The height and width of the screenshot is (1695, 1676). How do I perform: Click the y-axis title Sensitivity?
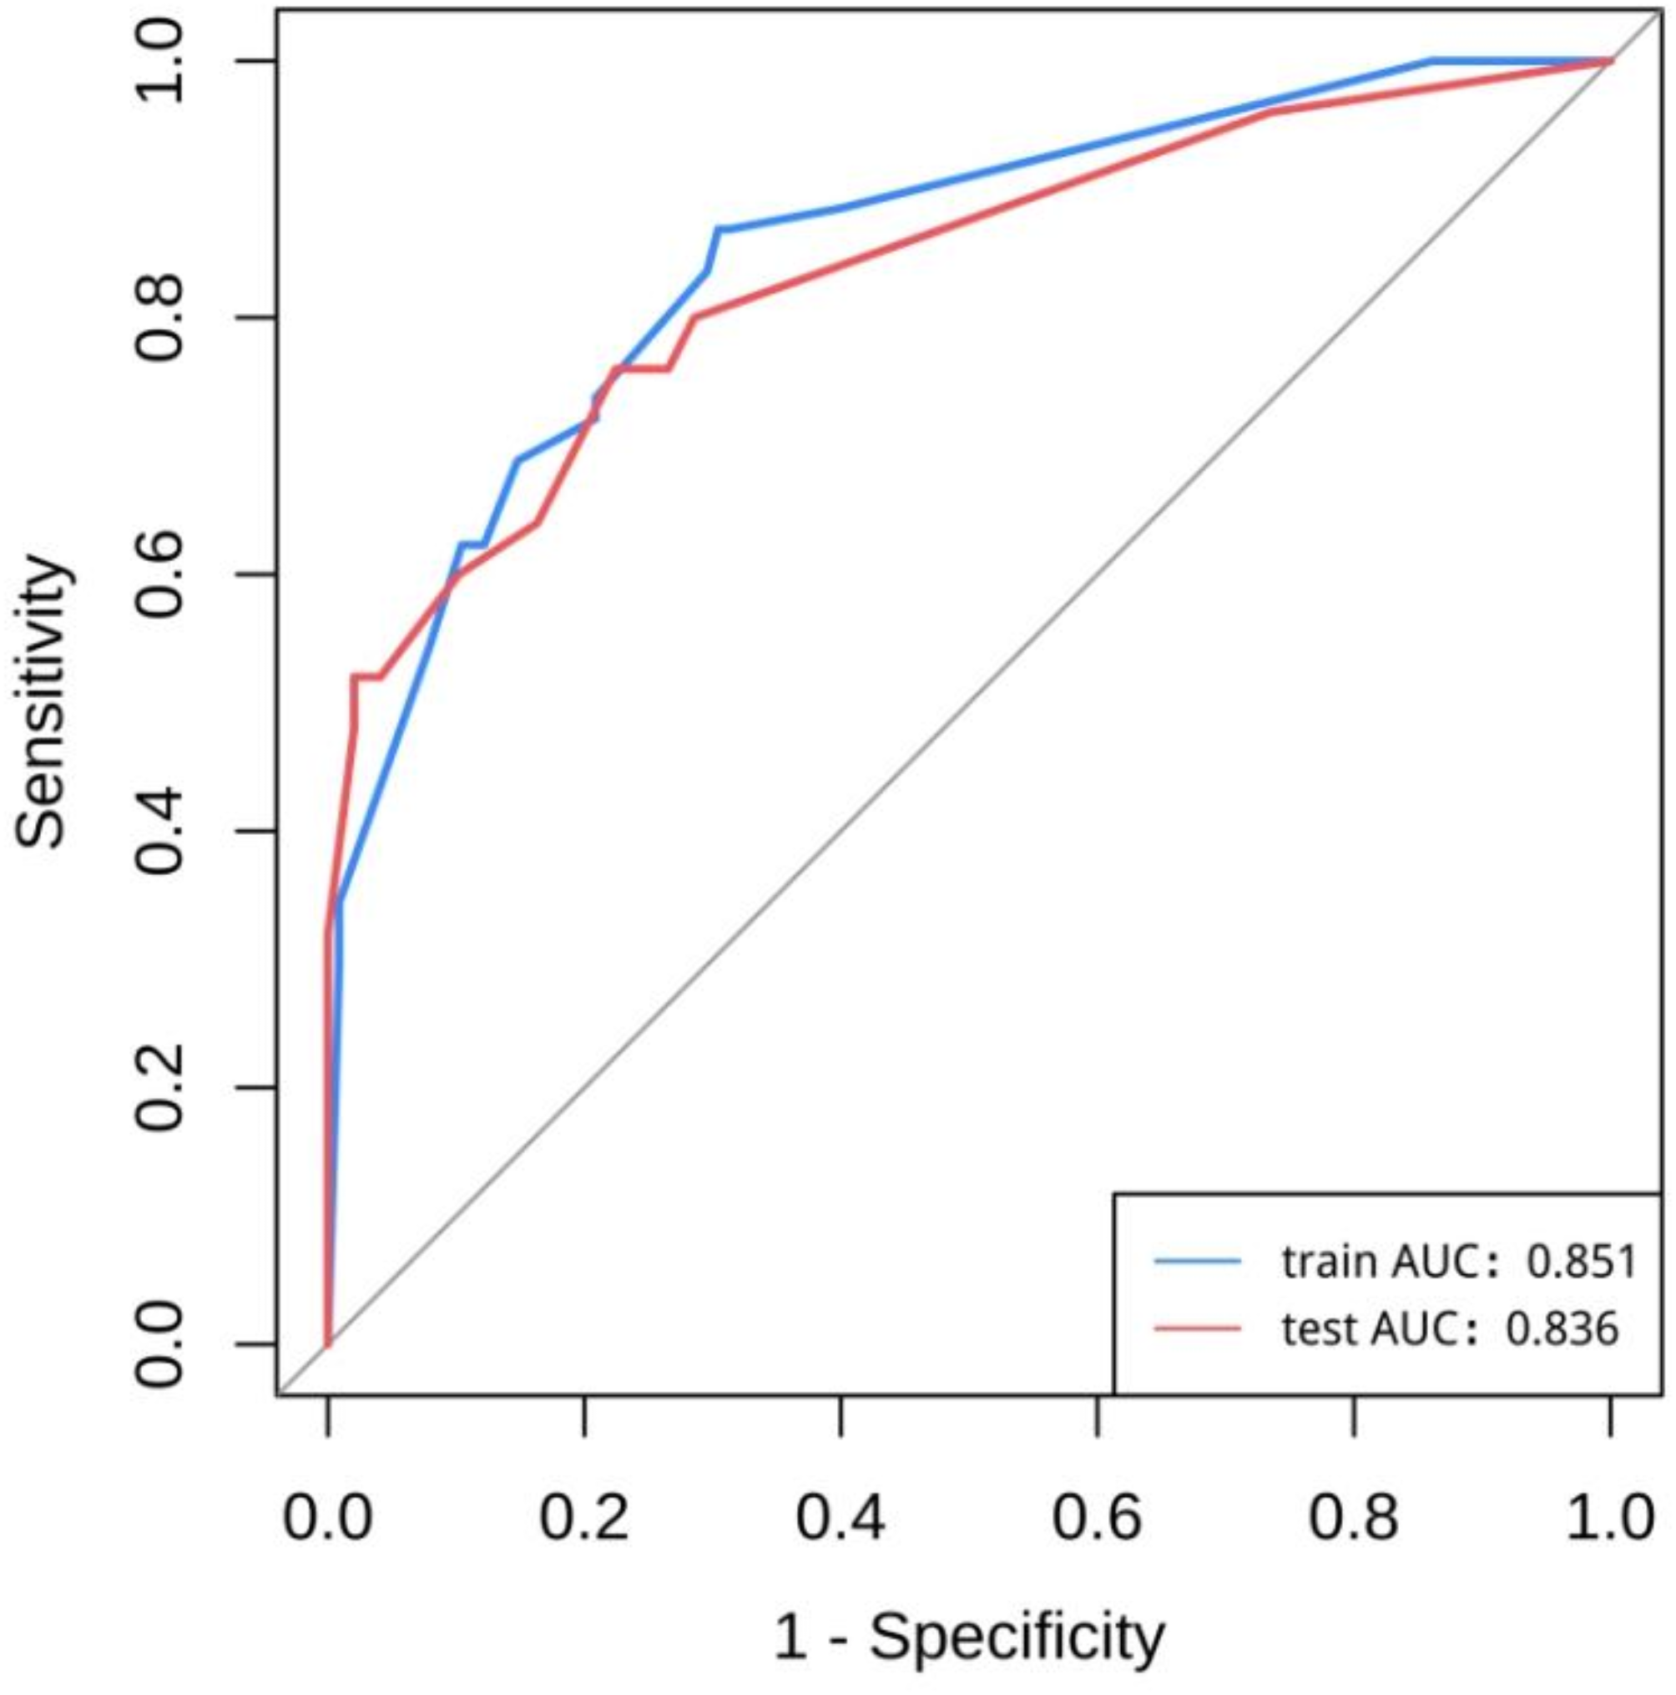click(x=41, y=702)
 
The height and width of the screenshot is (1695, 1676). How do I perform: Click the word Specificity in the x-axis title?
click(x=1017, y=1638)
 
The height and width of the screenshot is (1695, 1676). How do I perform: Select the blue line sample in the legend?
click(x=1197, y=1262)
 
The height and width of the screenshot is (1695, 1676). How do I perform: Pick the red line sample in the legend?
click(x=1197, y=1329)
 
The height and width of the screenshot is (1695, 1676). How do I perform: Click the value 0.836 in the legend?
click(x=1561, y=1329)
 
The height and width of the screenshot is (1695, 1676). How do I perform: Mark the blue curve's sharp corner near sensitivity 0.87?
click(x=719, y=229)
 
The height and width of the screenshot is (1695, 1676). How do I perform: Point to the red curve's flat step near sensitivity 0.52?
click(x=366, y=676)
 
